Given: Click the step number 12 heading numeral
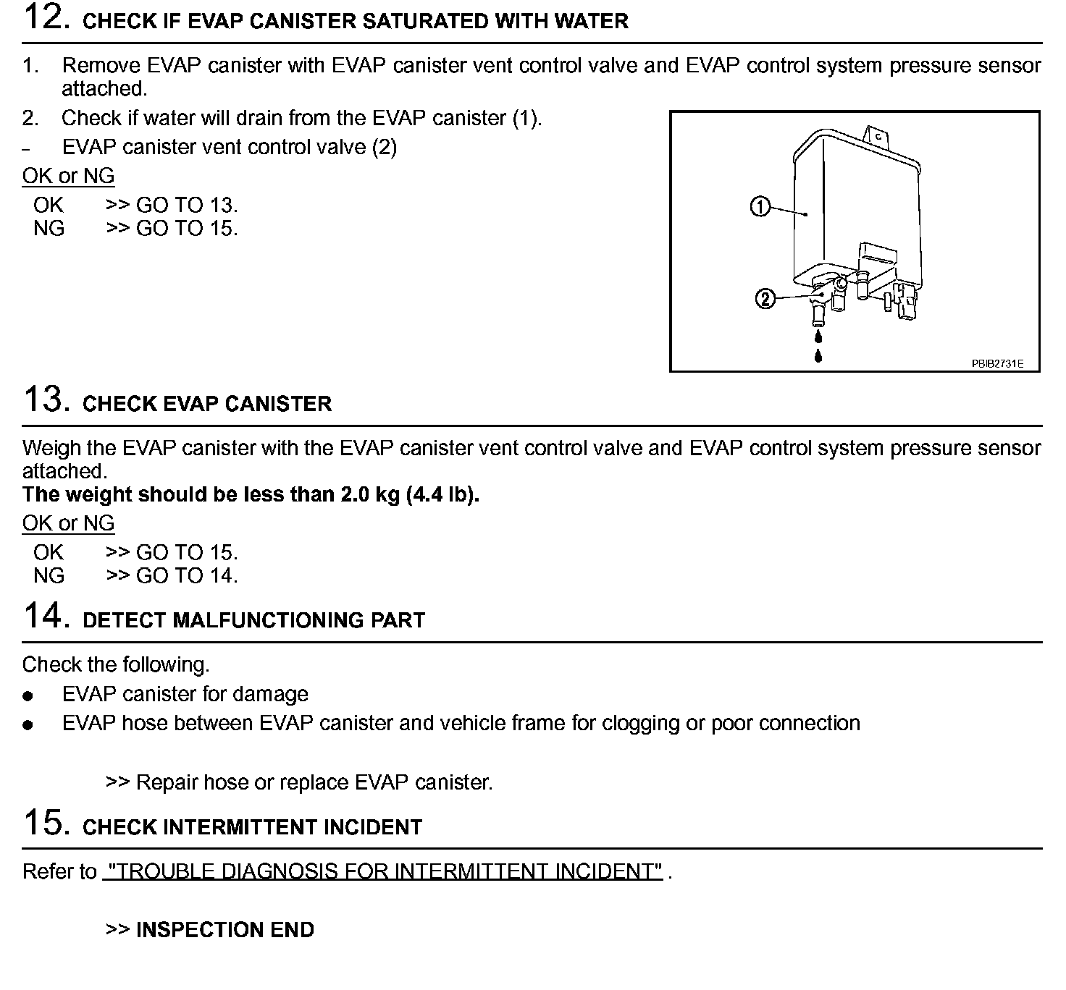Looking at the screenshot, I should click(46, 17).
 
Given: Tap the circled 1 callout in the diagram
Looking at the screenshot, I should click(759, 208).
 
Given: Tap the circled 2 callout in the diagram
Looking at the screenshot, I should click(765, 298).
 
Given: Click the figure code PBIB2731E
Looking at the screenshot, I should click(997, 364).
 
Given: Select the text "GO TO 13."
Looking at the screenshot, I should click(187, 206).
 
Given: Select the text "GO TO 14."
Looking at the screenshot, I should click(187, 576).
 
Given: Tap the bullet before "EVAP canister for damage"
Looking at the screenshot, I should click(28, 696).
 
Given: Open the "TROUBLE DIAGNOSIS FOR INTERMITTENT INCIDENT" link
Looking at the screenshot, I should click(382, 872).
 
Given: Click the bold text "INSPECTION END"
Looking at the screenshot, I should click(225, 931).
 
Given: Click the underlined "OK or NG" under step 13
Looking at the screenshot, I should click(69, 524).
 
